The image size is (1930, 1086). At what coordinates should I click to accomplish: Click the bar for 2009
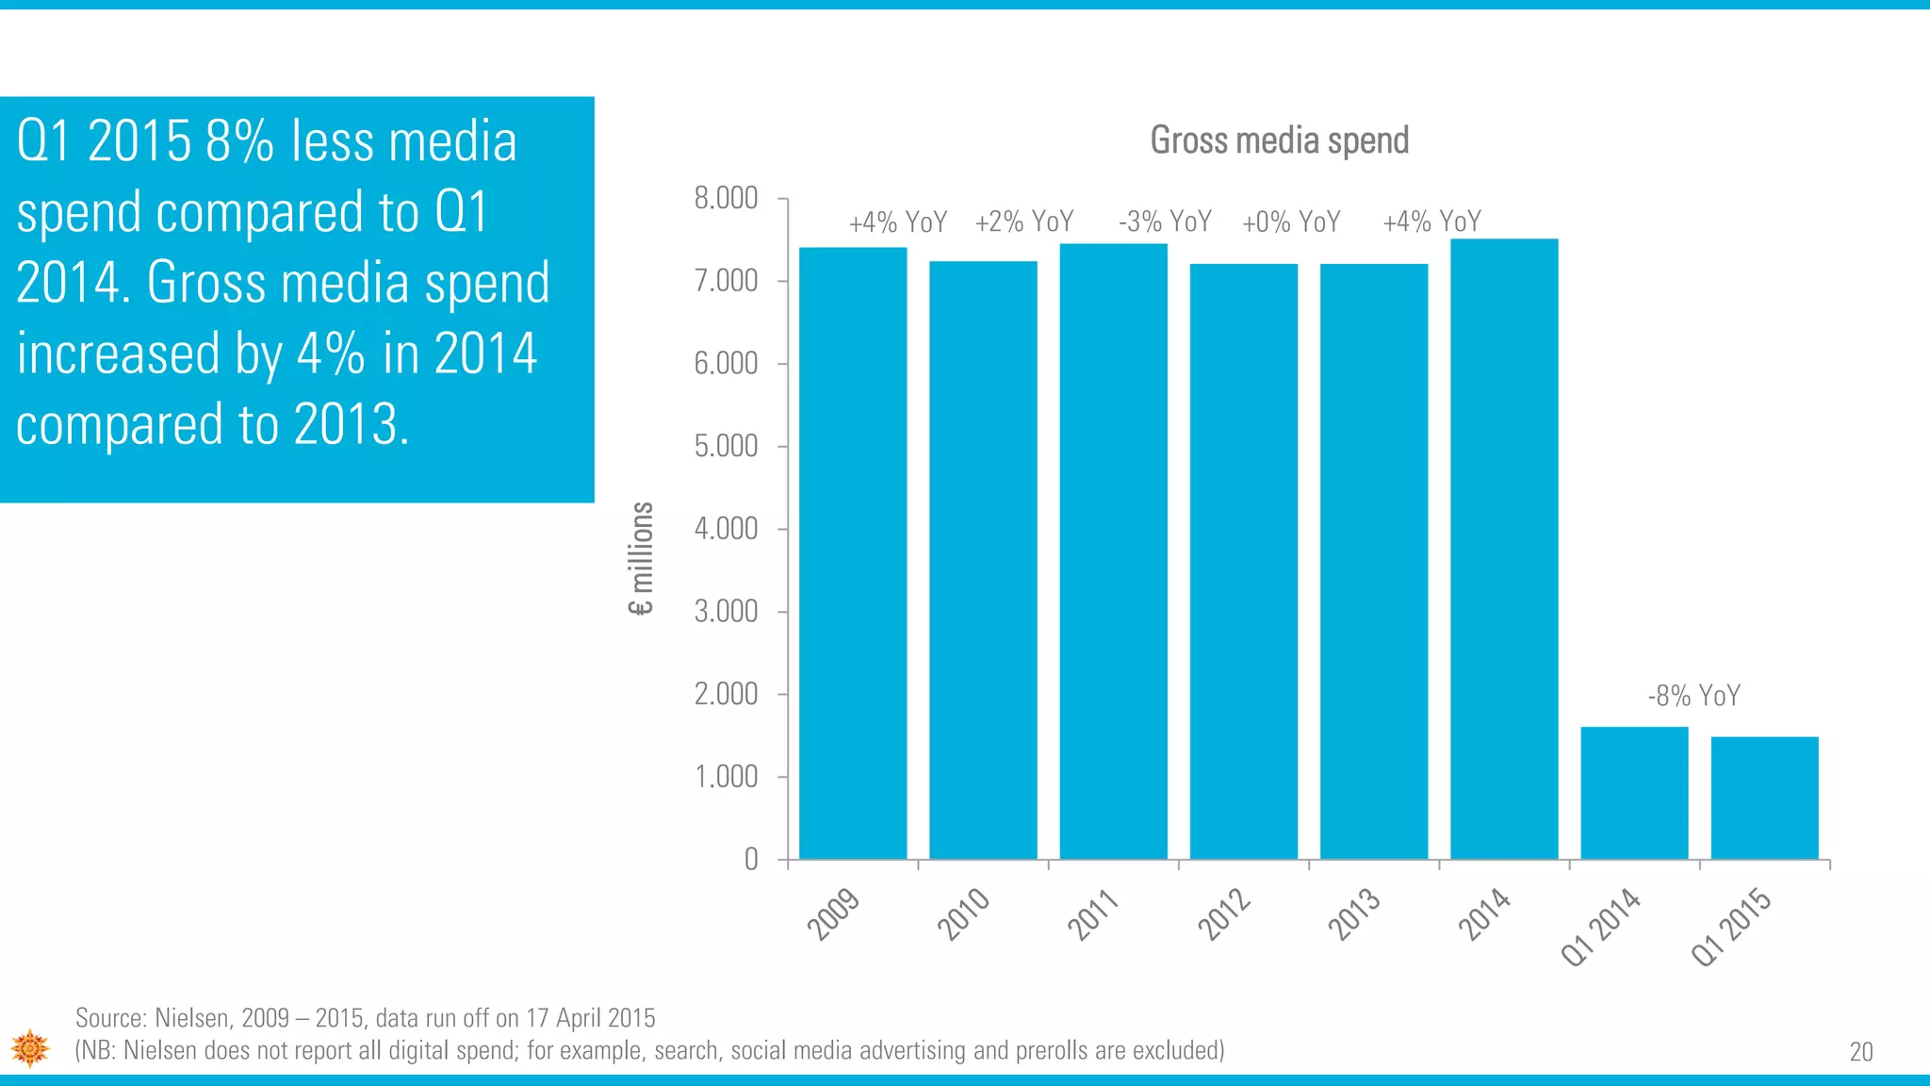click(x=853, y=553)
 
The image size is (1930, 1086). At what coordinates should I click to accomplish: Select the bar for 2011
click(x=1113, y=551)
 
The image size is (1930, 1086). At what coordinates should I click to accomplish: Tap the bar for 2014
click(x=1504, y=549)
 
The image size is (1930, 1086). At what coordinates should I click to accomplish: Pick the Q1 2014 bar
click(x=1634, y=793)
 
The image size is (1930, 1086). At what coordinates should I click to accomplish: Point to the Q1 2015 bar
click(x=1764, y=798)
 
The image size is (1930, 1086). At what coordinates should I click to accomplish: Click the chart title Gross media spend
click(x=1279, y=140)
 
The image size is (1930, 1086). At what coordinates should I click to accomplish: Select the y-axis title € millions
click(x=641, y=558)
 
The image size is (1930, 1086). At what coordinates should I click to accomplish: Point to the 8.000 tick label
click(x=726, y=198)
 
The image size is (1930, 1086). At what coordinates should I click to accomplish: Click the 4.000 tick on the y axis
click(x=726, y=529)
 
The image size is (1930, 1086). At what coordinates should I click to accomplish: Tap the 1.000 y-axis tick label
click(x=726, y=777)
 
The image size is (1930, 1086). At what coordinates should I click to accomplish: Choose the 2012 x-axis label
click(x=1224, y=913)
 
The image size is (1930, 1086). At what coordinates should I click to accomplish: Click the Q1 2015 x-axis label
click(x=1731, y=928)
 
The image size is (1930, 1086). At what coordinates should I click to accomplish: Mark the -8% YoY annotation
click(x=1693, y=696)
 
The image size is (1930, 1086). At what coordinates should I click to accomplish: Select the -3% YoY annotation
click(x=1165, y=222)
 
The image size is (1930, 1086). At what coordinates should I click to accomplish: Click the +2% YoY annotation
click(x=1024, y=222)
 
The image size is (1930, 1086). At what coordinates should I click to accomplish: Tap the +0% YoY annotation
click(x=1291, y=222)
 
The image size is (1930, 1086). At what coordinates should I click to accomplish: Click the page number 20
click(x=1860, y=1052)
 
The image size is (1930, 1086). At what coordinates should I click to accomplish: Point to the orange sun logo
click(x=30, y=1048)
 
